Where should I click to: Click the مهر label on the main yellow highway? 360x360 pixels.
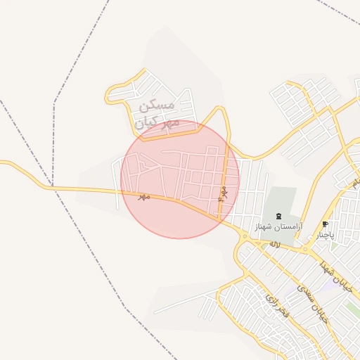[x=145, y=197]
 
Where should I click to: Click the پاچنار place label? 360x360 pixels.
[x=325, y=234]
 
